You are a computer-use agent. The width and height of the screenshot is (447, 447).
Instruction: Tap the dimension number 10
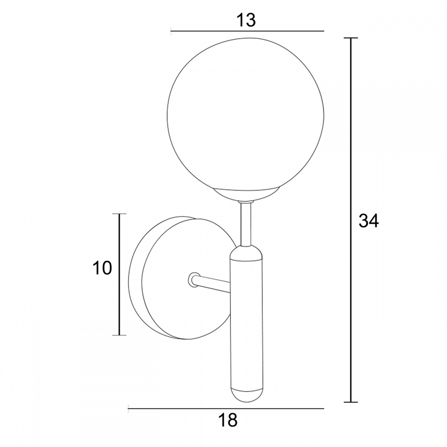tap(102, 268)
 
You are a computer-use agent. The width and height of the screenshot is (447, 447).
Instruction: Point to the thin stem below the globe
tap(245, 224)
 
